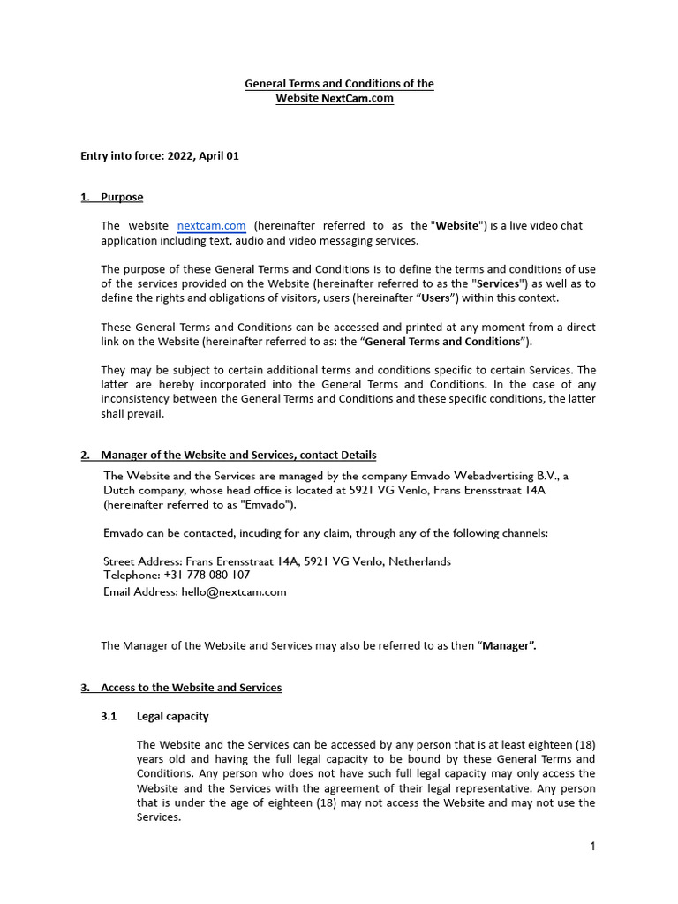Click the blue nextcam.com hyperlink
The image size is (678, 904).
click(x=211, y=226)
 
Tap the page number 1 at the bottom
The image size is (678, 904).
click(x=593, y=847)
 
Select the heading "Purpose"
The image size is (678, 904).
click(x=122, y=197)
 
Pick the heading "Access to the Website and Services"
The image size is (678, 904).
click(x=191, y=687)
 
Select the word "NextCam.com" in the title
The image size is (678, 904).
click(x=357, y=99)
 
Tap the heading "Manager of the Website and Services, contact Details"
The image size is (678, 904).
click(x=238, y=455)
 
